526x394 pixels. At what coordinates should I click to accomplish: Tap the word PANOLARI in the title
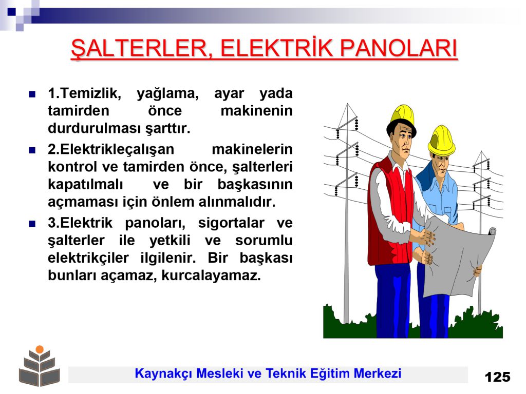[399, 48]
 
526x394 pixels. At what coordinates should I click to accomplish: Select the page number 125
[497, 377]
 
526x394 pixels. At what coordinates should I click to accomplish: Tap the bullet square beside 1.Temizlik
[32, 94]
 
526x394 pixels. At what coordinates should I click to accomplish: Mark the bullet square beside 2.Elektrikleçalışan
[32, 150]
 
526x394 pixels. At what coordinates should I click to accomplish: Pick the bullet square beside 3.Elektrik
[32, 224]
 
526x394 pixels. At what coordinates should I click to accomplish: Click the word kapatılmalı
[86, 185]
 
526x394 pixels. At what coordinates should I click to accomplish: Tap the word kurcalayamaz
[211, 275]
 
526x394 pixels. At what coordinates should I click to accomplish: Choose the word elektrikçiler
[88, 259]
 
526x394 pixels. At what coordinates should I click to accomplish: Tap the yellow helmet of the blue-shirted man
[441, 140]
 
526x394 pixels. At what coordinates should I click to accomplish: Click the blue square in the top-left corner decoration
[12, 12]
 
